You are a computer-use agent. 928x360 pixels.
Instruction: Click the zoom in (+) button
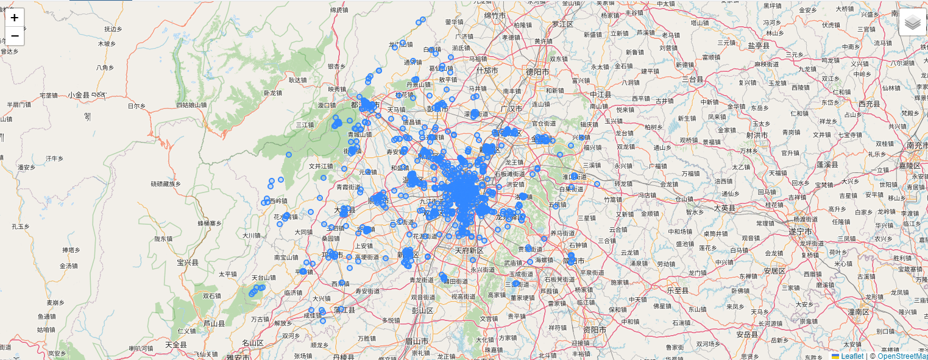pyautogui.click(x=15, y=18)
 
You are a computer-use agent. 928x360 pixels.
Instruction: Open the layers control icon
pyautogui.click(x=912, y=23)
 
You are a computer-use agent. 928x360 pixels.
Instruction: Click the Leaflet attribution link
pyautogui.click(x=851, y=356)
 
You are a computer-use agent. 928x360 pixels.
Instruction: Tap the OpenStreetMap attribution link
pyautogui.click(x=902, y=356)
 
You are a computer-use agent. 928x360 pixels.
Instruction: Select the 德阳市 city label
pyautogui.click(x=538, y=71)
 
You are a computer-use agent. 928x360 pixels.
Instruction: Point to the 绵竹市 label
pyautogui.click(x=496, y=15)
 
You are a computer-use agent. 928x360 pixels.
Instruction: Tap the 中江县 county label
pyautogui.click(x=600, y=94)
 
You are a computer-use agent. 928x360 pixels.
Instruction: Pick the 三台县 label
pyautogui.click(x=693, y=79)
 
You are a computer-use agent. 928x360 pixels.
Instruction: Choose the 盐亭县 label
pyautogui.click(x=759, y=45)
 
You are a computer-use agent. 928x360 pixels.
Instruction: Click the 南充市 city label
pyautogui.click(x=916, y=146)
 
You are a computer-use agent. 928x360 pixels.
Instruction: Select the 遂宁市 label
pyautogui.click(x=801, y=231)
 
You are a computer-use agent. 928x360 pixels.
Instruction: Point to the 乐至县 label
pyautogui.click(x=678, y=290)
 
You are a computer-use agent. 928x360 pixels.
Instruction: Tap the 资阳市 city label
pyautogui.click(x=594, y=330)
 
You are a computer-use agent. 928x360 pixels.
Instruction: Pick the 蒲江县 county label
pyautogui.click(x=344, y=309)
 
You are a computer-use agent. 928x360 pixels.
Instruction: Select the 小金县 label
pyautogui.click(x=79, y=95)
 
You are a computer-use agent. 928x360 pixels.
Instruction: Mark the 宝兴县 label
pyautogui.click(x=188, y=262)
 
